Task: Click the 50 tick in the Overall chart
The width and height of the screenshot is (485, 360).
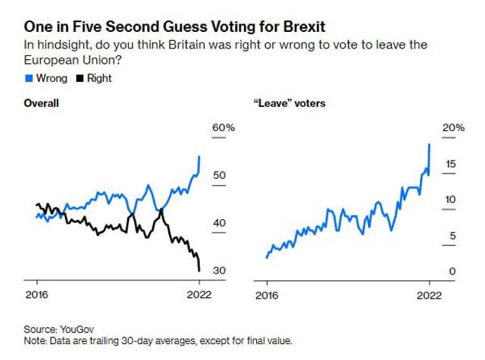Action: [219, 175]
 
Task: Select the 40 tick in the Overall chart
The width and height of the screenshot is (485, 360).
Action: [219, 223]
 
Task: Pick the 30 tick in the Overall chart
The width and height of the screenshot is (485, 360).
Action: [219, 271]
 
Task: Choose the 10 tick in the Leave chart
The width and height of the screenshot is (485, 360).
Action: [449, 199]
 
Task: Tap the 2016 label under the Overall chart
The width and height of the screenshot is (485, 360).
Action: [36, 296]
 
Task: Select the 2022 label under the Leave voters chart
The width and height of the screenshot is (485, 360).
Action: [429, 296]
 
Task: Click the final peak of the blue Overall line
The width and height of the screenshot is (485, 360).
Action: [199, 157]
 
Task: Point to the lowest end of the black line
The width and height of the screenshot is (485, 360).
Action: [199, 270]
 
